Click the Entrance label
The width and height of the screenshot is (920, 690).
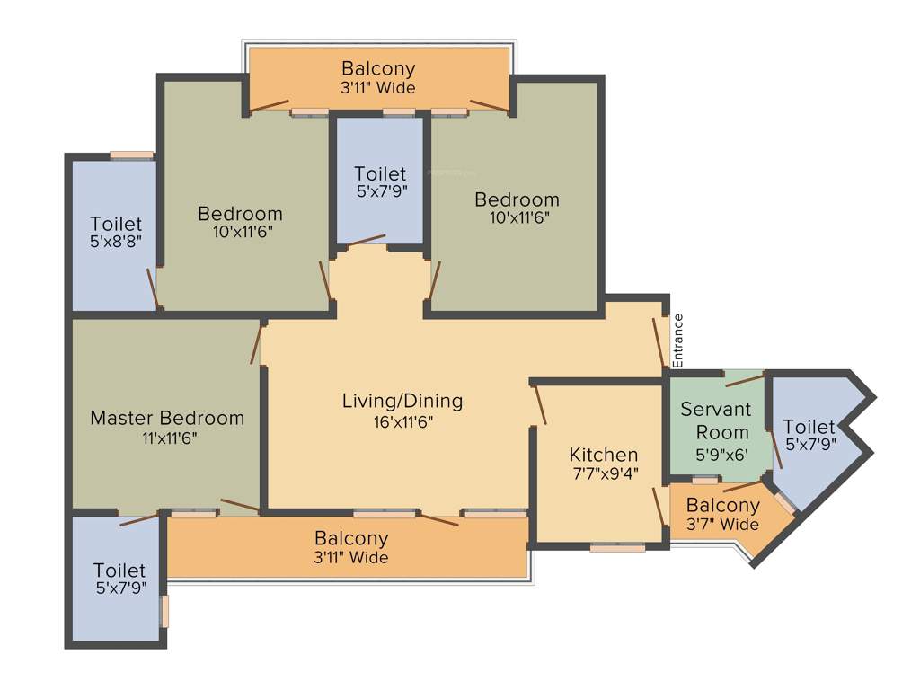tap(678, 341)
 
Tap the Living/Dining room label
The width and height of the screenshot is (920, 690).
tap(402, 401)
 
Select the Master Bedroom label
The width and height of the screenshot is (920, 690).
tap(167, 418)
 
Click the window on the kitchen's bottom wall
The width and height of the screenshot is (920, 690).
tap(617, 546)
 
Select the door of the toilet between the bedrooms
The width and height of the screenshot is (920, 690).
tap(367, 240)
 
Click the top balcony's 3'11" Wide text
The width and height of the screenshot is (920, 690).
tap(377, 88)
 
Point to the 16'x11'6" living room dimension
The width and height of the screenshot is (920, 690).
tap(402, 421)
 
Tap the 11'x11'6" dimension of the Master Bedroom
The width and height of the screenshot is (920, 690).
tap(167, 438)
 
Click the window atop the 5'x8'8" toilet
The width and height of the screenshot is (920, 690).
tap(130, 155)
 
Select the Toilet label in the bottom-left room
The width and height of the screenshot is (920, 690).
tap(119, 571)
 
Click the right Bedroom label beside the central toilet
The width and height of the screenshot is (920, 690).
tap(517, 199)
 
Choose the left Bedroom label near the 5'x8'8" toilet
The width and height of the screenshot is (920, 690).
tap(240, 214)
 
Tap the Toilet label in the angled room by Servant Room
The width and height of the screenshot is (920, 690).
tap(809, 427)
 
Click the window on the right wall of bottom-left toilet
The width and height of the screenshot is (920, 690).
tap(164, 611)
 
